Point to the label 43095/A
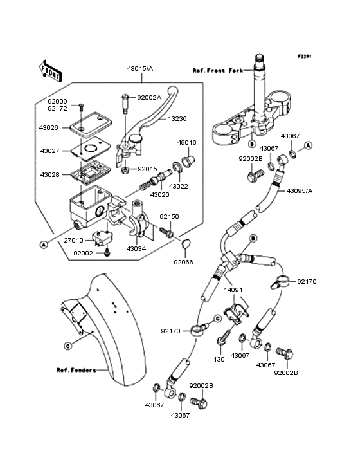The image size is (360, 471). (300, 190)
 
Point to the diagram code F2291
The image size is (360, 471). (304, 57)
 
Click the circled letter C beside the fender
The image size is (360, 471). (67, 345)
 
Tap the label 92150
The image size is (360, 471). (169, 217)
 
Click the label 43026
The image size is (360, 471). (50, 127)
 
